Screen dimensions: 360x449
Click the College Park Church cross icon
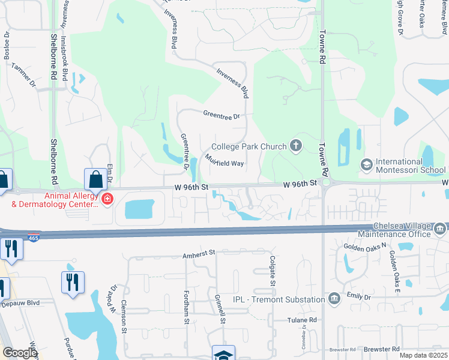(x=295, y=145)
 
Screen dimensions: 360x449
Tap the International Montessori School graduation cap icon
(x=366, y=164)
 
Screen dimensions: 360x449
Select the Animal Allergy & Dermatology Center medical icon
(x=107, y=199)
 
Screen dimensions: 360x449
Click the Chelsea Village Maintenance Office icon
(x=440, y=229)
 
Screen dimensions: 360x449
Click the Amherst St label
(x=199, y=255)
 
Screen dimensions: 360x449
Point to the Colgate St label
(x=273, y=271)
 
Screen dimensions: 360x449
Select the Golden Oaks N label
(x=363, y=247)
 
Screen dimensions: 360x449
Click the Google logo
(x=19, y=353)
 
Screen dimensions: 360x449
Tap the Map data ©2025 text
(x=423, y=355)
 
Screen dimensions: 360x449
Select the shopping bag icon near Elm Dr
(x=95, y=179)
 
